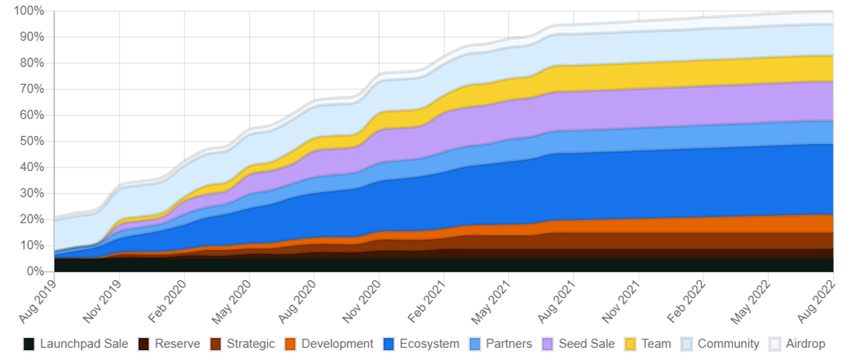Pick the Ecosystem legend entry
pyautogui.click(x=429, y=344)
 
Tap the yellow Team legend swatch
pyautogui.click(x=631, y=344)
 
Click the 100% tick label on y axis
pyautogui.click(x=28, y=11)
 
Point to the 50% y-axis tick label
pyautogui.click(x=31, y=141)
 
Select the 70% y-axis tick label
pyautogui.click(x=31, y=89)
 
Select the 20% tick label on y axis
pyautogui.click(x=31, y=220)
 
